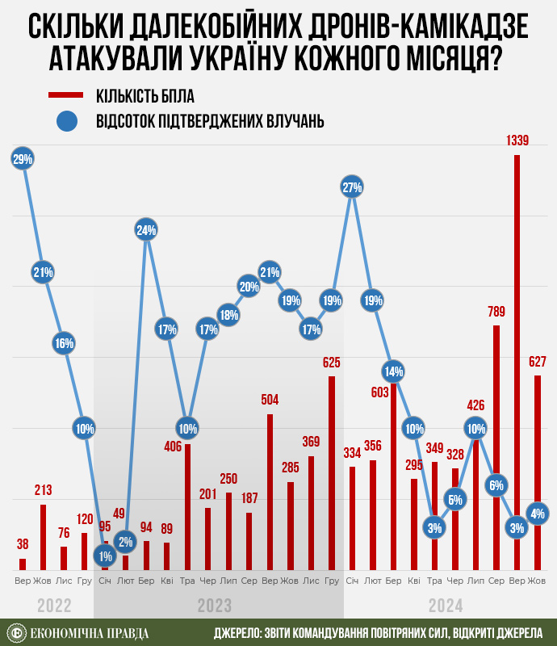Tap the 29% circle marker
point(23,159)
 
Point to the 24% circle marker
point(146,230)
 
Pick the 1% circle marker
point(105,555)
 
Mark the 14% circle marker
point(393,372)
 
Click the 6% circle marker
point(496,485)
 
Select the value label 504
point(270,400)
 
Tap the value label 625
point(331,363)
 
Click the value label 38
point(23,544)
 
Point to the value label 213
point(44,490)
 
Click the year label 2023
point(216,606)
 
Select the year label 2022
point(55,606)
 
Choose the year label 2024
point(446,606)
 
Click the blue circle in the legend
point(68,122)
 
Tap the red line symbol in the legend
point(68,95)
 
